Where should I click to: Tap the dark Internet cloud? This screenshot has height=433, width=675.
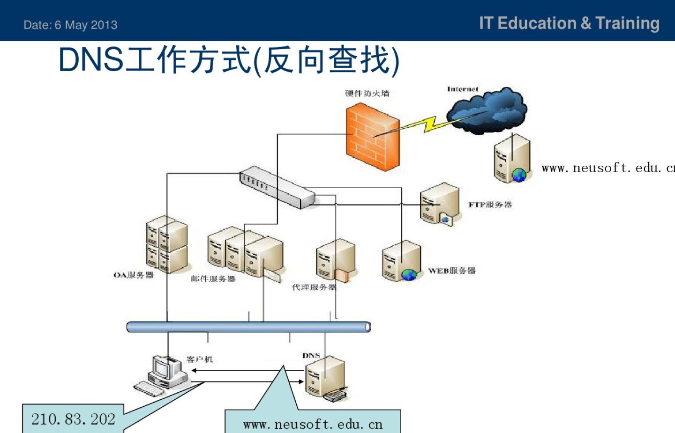coord(487,110)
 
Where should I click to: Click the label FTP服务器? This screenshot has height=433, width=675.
coord(490,205)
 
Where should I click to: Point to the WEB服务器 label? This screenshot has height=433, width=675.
coord(452,271)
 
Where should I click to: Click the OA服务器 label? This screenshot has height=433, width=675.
coord(134,275)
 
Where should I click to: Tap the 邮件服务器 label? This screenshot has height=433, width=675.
coord(213,279)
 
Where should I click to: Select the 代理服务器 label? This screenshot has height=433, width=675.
coord(314,287)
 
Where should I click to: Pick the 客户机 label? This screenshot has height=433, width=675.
coord(199,360)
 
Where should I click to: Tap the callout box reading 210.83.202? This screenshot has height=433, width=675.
coord(73,418)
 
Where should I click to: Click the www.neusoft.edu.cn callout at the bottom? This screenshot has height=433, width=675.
coord(313,424)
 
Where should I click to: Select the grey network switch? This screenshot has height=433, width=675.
coord(277,186)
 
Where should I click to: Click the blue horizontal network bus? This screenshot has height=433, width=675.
coord(248,327)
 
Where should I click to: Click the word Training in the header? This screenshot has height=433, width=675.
coord(627,23)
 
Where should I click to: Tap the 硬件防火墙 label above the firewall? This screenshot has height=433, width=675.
coord(367,93)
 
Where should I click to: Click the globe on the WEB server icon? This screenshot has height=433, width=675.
coord(409,274)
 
